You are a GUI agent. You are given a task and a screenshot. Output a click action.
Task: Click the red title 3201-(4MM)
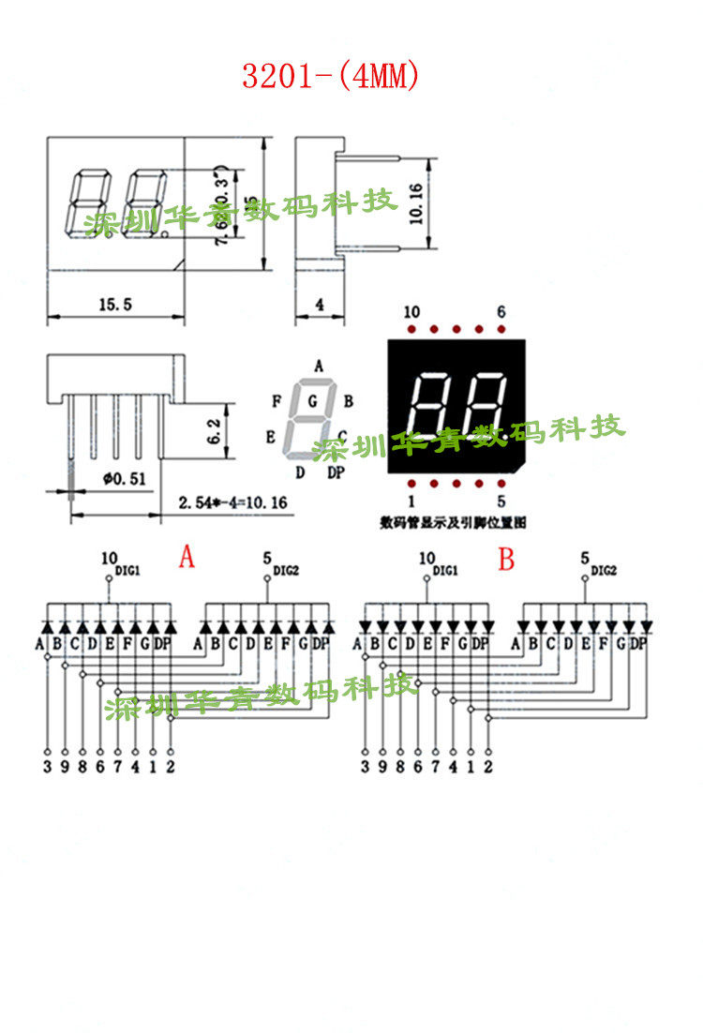(x=330, y=76)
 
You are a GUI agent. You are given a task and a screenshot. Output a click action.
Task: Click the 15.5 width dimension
(x=114, y=304)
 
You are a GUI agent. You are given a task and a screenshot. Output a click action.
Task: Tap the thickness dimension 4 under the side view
(x=320, y=304)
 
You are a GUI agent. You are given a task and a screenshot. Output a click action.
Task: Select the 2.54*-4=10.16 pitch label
(x=232, y=503)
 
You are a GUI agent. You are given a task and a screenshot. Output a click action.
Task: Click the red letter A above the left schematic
(x=187, y=559)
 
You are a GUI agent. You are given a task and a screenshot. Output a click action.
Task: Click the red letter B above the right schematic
(x=506, y=561)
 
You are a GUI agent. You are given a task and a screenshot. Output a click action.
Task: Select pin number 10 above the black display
(x=411, y=312)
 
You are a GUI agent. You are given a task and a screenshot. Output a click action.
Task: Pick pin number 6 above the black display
(x=501, y=312)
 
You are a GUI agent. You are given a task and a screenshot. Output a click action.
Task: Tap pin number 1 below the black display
(x=411, y=502)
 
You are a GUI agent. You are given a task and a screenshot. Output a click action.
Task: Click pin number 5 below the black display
(x=501, y=502)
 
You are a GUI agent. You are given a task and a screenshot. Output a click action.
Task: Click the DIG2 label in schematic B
(x=605, y=570)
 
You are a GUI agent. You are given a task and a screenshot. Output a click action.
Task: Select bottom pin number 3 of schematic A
(x=48, y=768)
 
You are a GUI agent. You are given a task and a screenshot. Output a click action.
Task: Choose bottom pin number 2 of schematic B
(x=487, y=768)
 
